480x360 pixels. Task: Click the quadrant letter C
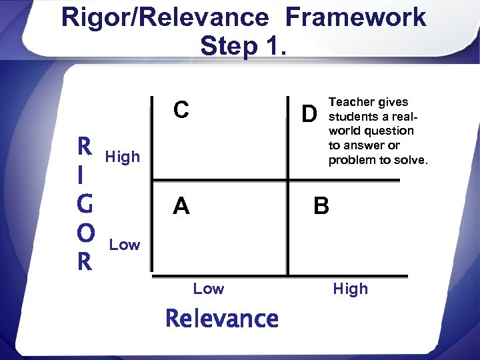pos(181,110)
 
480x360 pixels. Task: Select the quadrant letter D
pos(307,115)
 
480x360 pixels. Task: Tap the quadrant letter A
pos(181,207)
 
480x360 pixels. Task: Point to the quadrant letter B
pos(321,207)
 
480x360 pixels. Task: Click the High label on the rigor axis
pos(123,157)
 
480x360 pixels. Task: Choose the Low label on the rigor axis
pos(125,245)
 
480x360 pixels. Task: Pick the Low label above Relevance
pos(209,289)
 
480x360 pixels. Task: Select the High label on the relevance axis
pos(350,289)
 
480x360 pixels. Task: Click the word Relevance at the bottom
pos(222,319)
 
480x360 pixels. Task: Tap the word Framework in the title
pos(355,17)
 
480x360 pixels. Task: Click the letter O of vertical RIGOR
pos(85,234)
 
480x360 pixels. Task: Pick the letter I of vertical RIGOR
pos(81,175)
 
